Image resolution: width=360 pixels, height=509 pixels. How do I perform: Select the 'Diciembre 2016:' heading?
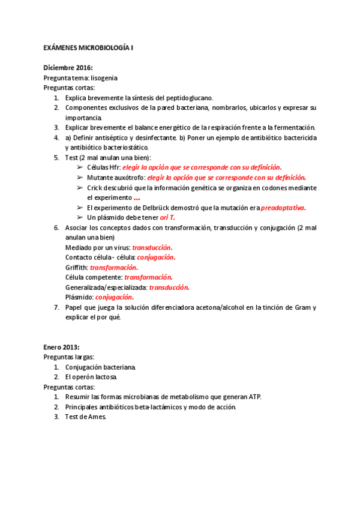click(x=68, y=68)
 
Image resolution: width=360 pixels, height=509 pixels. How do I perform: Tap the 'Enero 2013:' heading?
click(x=61, y=347)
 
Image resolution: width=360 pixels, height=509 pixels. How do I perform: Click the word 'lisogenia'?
click(x=104, y=78)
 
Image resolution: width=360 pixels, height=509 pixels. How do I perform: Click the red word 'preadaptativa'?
click(x=283, y=208)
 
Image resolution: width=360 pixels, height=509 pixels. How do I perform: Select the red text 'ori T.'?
click(x=167, y=217)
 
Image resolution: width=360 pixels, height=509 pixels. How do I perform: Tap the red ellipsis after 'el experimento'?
click(x=137, y=197)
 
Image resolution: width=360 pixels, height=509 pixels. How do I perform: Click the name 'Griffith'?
click(x=76, y=267)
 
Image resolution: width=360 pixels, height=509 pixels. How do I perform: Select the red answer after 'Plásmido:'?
click(x=114, y=297)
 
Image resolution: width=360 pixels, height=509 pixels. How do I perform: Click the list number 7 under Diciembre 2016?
click(x=56, y=307)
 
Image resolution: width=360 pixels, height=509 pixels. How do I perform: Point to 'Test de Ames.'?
click(x=85, y=417)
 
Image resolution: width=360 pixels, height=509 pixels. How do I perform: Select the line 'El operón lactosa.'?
click(x=91, y=377)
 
